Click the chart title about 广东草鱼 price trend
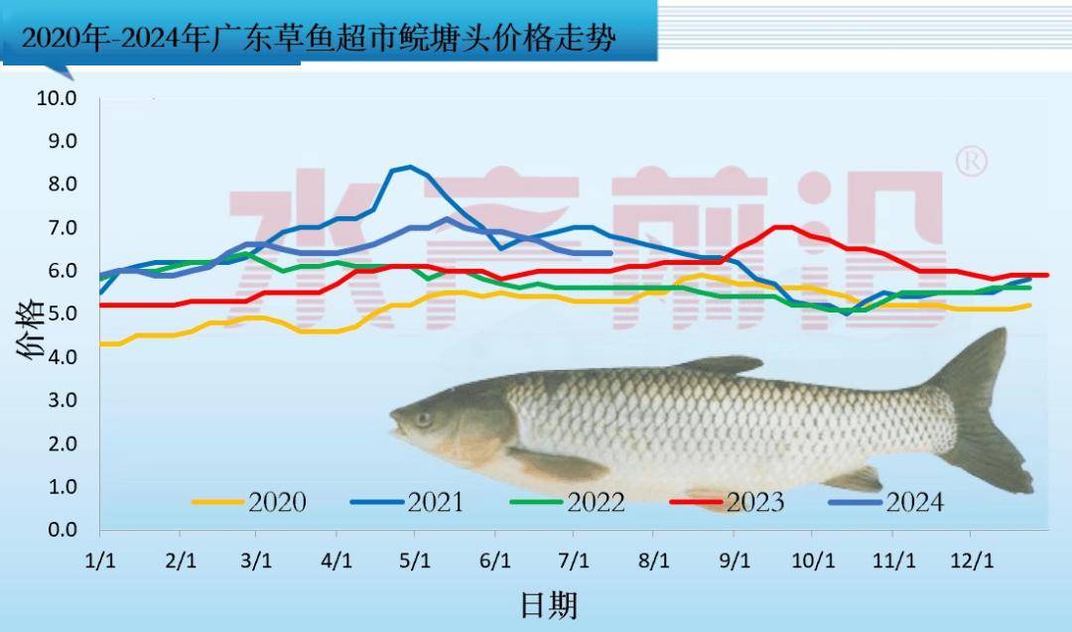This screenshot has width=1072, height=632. pyautogui.click(x=318, y=40)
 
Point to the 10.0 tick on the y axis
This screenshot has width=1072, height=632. pyautogui.click(x=57, y=97)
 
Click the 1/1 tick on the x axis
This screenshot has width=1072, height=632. pyautogui.click(x=99, y=561)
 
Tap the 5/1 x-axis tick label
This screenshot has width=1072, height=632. pyautogui.click(x=414, y=561)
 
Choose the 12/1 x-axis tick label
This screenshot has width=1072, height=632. pyautogui.click(x=971, y=561)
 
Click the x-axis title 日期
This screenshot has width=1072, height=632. pyautogui.click(x=548, y=604)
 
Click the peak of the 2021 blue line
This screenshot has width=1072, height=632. pyautogui.click(x=410, y=167)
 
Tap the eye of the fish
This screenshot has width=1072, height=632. pyautogui.click(x=424, y=419)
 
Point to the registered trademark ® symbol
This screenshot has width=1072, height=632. pyautogui.click(x=970, y=162)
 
